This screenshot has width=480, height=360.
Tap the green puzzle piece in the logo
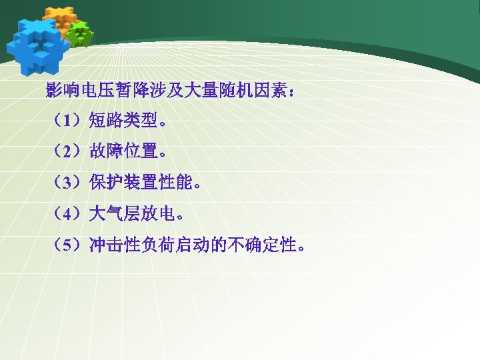[80, 34]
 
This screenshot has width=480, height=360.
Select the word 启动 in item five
[193, 245]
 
